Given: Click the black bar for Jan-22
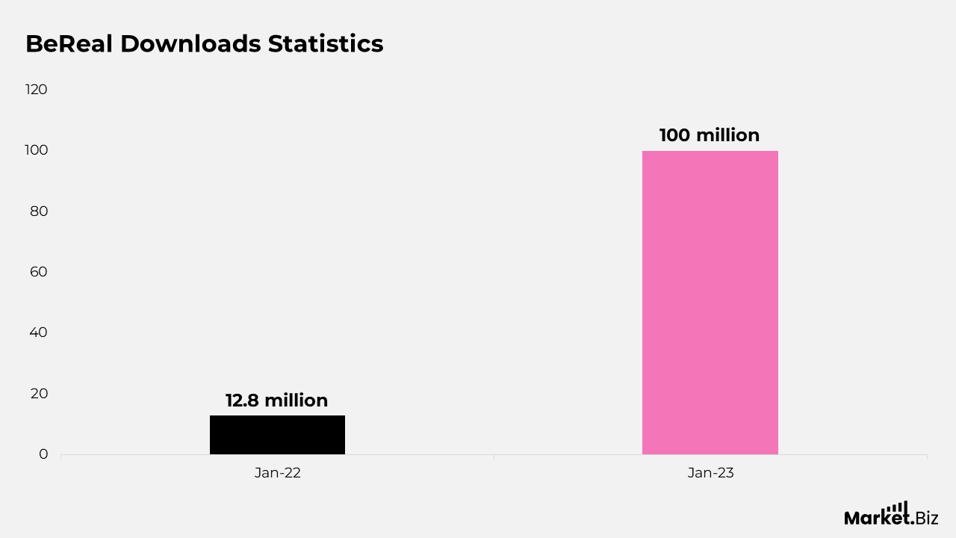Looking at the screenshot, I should tap(277, 435).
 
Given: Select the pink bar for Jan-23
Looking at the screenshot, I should tap(710, 303).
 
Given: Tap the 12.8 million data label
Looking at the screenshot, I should tap(277, 401).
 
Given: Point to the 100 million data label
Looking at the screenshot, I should tap(710, 135).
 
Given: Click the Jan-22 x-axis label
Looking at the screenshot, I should tap(277, 473).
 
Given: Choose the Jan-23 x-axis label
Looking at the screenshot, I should tap(710, 473).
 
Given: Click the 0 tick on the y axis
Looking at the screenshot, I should tap(43, 454).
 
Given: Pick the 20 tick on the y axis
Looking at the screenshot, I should tap(39, 393).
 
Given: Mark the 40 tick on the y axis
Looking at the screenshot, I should tap(39, 333).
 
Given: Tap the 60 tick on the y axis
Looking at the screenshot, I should tap(39, 272).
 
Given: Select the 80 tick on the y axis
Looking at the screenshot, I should tap(39, 211).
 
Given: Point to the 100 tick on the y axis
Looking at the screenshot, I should tap(37, 150).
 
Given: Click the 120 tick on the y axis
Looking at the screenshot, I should tap(37, 90).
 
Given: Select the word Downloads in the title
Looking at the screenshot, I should tap(190, 44).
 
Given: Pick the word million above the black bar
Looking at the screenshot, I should tap(297, 401).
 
